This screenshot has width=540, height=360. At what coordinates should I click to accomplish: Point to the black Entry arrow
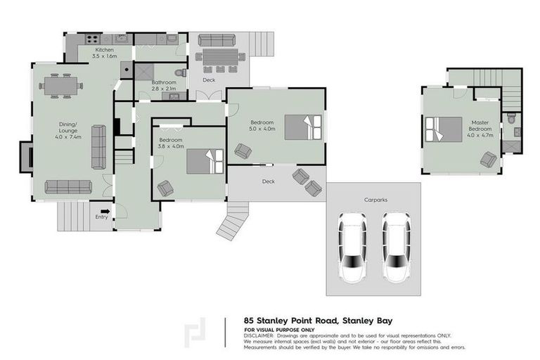tap(105, 210)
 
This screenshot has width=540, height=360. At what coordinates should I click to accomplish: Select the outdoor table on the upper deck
tap(219, 58)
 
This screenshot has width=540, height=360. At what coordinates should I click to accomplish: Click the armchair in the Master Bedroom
tap(487, 160)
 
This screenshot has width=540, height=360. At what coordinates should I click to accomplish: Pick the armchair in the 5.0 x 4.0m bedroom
tap(243, 150)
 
